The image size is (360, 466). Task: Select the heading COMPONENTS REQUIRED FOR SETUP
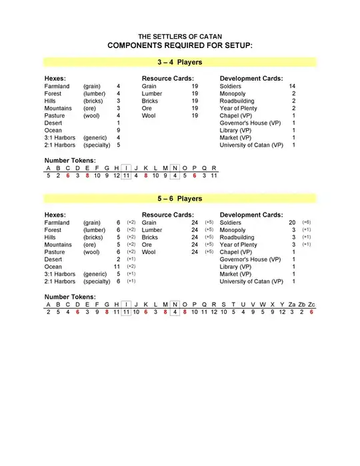click(x=179, y=45)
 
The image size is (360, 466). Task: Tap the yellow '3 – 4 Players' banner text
click(x=179, y=63)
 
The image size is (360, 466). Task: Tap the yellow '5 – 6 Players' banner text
click(x=179, y=199)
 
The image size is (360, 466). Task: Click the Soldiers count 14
click(x=292, y=87)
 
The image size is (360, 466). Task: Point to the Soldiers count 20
click(x=292, y=223)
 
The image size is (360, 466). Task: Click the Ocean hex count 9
click(x=118, y=131)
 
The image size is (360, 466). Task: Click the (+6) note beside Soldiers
click(x=307, y=223)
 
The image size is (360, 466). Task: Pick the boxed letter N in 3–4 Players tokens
click(x=175, y=168)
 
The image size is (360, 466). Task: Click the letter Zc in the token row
click(x=311, y=304)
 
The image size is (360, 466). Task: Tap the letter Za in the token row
click(x=291, y=304)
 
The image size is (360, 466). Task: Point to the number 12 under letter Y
click(x=281, y=312)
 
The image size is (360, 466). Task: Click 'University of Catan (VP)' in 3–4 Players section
click(x=251, y=145)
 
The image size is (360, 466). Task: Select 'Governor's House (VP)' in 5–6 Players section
click(x=250, y=259)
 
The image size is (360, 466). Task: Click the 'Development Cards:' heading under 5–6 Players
click(x=251, y=215)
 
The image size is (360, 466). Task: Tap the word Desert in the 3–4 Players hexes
click(x=53, y=123)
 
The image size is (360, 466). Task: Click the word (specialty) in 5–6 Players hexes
click(x=97, y=281)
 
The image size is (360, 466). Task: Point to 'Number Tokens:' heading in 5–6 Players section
click(x=70, y=296)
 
